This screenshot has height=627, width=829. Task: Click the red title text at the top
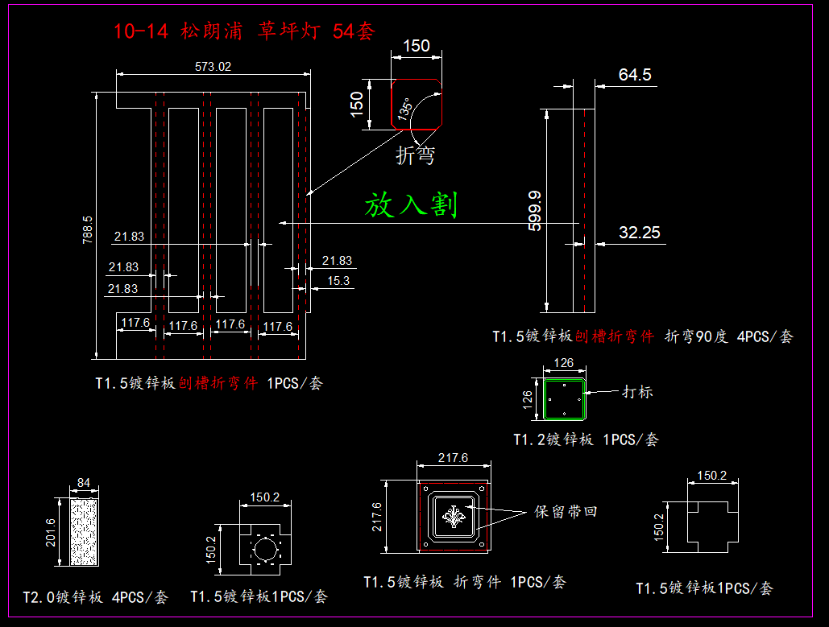[244, 31]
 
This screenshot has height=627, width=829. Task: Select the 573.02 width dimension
[213, 67]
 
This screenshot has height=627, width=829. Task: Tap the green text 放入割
[411, 204]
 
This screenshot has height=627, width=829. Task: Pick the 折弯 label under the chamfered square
[415, 155]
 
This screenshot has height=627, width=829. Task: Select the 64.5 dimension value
[635, 75]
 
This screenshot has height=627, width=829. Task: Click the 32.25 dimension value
[640, 233]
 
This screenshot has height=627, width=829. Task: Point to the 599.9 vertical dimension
[534, 211]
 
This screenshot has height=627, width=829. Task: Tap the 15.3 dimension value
[338, 281]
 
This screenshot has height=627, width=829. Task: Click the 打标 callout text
[637, 392]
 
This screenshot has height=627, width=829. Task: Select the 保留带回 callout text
[566, 512]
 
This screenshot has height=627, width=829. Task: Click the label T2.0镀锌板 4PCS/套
[96, 597]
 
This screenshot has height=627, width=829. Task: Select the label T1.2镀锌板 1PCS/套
[586, 439]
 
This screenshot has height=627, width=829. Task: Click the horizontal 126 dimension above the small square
[565, 363]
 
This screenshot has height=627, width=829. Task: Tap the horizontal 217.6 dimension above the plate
[453, 457]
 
